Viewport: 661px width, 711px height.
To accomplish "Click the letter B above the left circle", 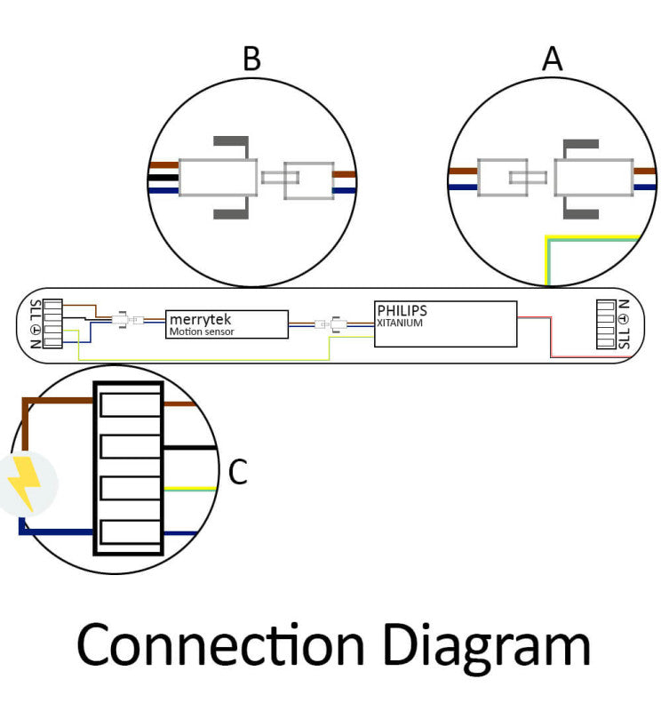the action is (251, 59).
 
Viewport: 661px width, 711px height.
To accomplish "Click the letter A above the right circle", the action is (552, 59).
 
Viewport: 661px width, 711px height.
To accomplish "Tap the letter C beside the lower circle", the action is (237, 472).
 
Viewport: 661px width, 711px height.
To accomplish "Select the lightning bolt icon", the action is (25, 482).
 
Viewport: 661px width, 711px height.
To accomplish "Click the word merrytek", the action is (200, 319).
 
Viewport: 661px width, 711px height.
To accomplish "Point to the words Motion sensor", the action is (202, 332).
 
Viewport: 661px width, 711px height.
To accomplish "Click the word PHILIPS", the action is (402, 310).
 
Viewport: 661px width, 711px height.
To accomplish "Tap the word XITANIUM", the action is (400, 323).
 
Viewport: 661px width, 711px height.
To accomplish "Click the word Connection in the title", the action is (221, 644).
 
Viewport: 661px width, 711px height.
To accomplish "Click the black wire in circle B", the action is (163, 178).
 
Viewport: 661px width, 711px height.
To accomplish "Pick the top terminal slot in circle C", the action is (130, 405).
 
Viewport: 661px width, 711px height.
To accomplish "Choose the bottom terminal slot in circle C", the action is (130, 531).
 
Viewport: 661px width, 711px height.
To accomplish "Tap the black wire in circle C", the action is (190, 448).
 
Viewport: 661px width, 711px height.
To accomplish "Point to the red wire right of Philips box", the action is (552, 338).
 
